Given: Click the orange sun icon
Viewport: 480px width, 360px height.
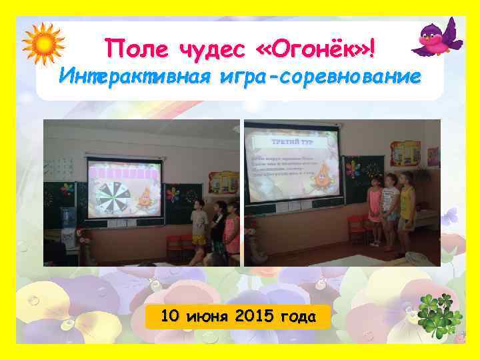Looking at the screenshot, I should [43, 43].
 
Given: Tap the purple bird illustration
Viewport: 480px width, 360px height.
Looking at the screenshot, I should [437, 39].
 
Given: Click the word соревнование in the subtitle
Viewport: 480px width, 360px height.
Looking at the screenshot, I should [357, 77].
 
